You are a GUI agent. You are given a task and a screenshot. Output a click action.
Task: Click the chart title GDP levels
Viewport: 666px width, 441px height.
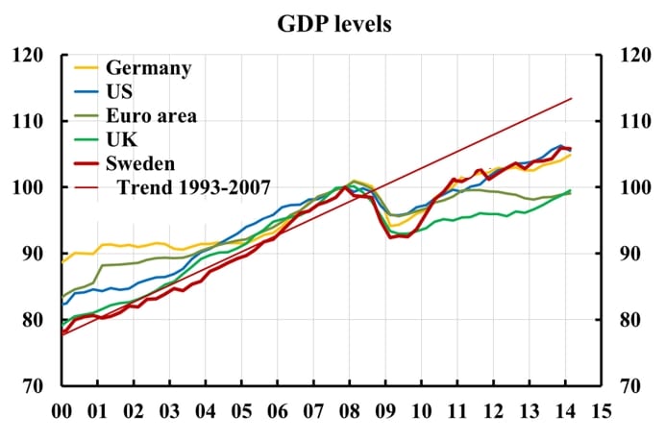coord(332,24)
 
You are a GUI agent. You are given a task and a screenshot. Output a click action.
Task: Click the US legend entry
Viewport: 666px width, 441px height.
coord(120,92)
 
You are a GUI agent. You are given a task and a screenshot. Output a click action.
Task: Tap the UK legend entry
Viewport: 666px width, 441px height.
coord(121,139)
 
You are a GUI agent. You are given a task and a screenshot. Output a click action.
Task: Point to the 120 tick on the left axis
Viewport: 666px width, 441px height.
coord(32,56)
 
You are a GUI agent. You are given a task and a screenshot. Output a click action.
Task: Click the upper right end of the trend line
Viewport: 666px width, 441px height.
coord(572,98)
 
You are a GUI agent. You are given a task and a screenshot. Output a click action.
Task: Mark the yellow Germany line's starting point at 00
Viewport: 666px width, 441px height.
coord(62,261)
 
